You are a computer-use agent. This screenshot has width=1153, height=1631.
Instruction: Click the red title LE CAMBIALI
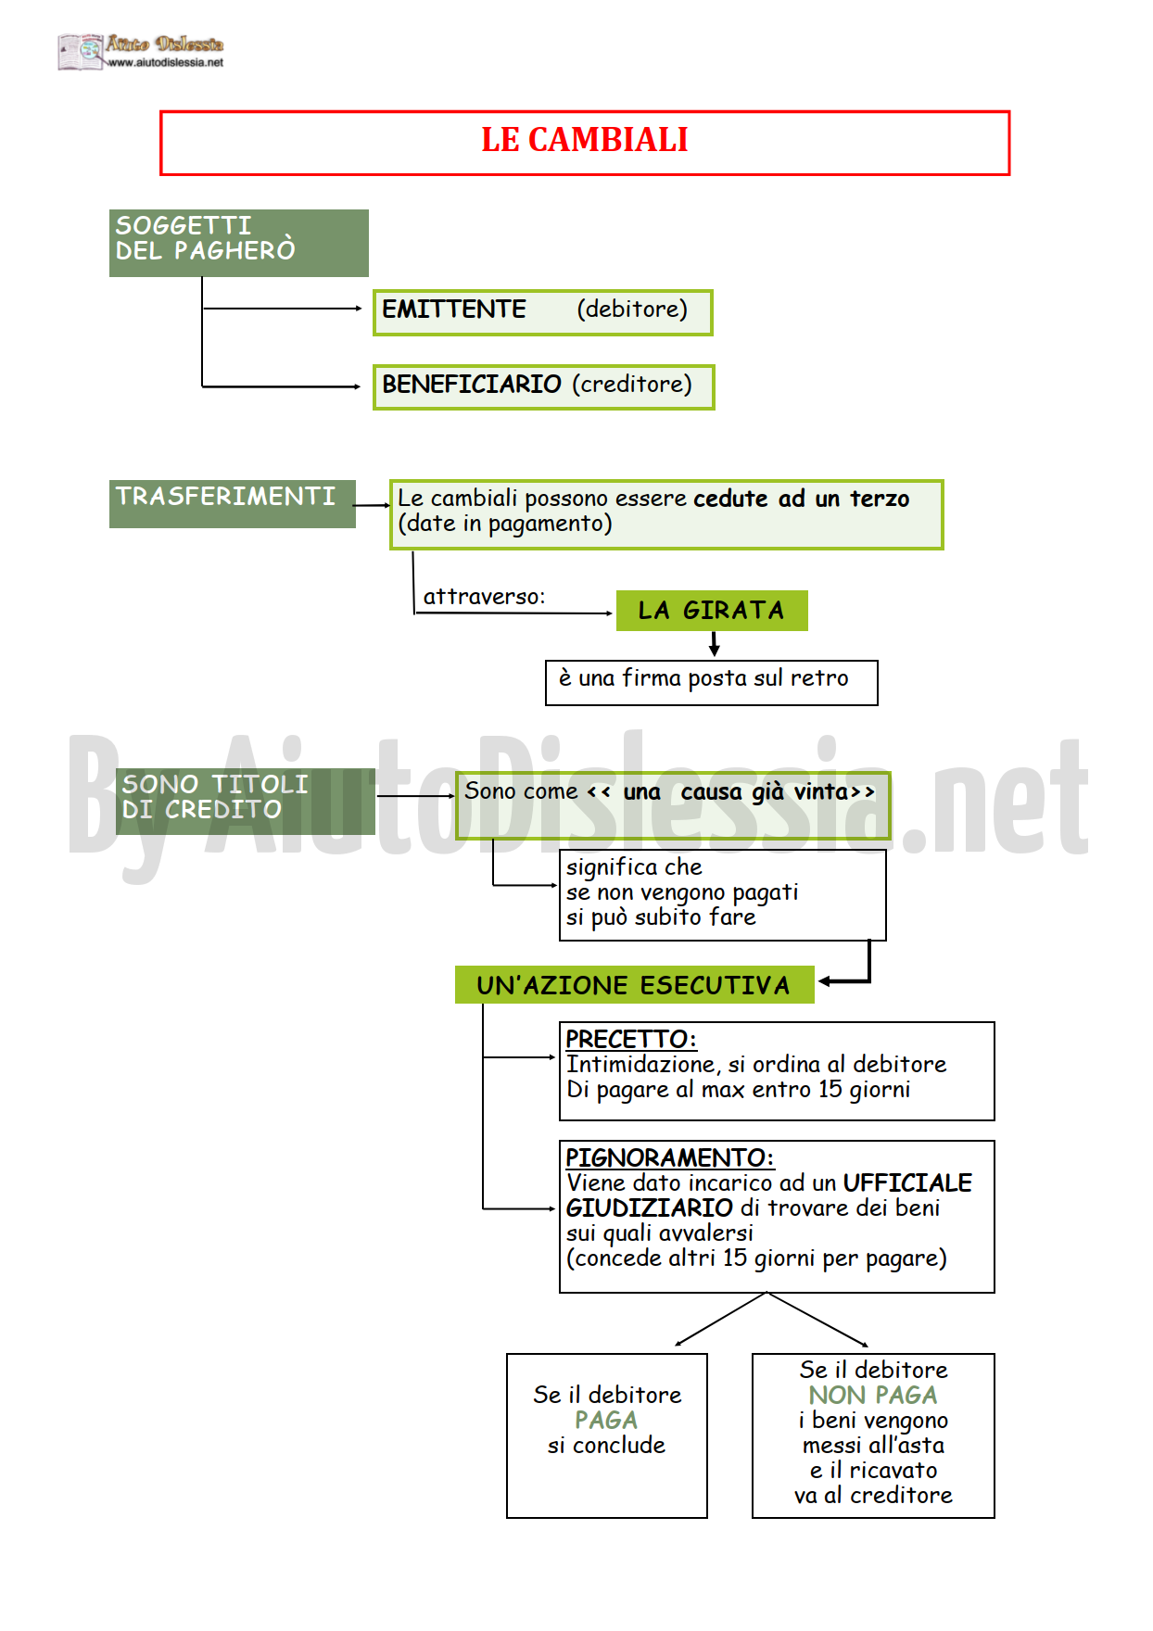tap(584, 140)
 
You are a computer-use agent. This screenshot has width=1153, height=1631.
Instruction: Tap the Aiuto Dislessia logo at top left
tap(141, 52)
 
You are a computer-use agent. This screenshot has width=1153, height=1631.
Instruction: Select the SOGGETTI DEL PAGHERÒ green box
tap(239, 243)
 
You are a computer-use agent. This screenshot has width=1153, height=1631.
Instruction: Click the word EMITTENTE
tap(454, 310)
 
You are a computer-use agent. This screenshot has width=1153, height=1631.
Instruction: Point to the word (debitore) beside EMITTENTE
tap(632, 310)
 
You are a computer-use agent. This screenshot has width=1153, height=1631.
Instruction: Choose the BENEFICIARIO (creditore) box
tap(543, 386)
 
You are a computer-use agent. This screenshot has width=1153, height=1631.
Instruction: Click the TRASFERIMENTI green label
tap(233, 504)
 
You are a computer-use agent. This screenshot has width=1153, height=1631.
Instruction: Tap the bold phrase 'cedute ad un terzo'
tap(802, 499)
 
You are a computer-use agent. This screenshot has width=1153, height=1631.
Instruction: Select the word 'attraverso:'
tap(484, 597)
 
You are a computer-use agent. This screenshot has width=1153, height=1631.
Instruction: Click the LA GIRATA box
tap(712, 611)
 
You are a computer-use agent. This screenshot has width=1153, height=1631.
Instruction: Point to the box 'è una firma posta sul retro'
tap(712, 683)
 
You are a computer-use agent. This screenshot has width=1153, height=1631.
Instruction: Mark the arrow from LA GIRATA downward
tap(714, 644)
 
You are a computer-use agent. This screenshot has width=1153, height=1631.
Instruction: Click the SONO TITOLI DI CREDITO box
tap(246, 801)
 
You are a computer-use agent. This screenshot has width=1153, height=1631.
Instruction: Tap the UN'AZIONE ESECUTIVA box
tap(635, 984)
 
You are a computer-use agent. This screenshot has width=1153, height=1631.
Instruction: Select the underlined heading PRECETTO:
tap(631, 1040)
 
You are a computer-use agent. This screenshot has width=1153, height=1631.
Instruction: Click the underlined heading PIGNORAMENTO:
tap(669, 1158)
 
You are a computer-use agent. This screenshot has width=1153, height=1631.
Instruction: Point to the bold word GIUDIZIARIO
tap(650, 1208)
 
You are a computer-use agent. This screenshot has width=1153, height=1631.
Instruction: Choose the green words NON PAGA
tap(873, 1396)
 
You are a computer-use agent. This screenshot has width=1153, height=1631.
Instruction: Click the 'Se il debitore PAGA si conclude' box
tap(607, 1435)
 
